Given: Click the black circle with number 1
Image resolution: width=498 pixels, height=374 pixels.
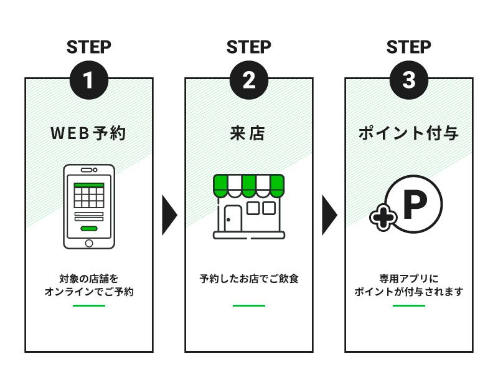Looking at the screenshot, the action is click(89, 80).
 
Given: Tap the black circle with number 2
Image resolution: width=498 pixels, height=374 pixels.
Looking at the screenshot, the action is click(249, 80).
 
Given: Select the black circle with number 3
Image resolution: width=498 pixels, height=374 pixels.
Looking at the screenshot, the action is click(409, 80).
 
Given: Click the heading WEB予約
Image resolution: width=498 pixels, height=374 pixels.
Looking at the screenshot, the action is click(88, 133).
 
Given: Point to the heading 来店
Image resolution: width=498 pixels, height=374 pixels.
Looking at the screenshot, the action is click(247, 133).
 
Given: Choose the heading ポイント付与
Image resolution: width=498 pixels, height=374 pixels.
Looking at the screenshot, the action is click(408, 133).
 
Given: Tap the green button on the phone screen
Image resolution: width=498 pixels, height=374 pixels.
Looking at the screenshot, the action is click(89, 228).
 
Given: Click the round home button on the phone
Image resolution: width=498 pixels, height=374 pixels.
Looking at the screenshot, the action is click(89, 243).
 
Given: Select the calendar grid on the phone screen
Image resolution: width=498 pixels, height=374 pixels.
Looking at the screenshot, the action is click(89, 196).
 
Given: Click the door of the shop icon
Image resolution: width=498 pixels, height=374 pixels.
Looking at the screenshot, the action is click(233, 219).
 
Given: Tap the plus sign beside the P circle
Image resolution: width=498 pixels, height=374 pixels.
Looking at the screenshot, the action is click(383, 218).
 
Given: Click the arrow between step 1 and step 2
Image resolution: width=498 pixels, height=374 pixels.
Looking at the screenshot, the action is click(169, 215).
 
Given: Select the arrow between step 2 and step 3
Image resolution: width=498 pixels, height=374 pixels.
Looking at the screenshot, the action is click(329, 215).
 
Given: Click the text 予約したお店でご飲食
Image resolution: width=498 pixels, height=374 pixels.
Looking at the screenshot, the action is click(249, 279).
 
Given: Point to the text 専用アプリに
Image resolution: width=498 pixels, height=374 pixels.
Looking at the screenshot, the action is click(409, 279).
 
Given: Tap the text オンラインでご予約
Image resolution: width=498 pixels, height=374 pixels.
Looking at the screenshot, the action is click(89, 292).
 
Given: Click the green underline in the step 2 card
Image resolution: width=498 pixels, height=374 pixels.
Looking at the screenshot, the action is click(249, 305).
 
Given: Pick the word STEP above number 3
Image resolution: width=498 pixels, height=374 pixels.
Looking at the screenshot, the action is click(409, 47).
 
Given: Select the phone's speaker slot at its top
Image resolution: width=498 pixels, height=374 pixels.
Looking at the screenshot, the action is click(87, 170).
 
